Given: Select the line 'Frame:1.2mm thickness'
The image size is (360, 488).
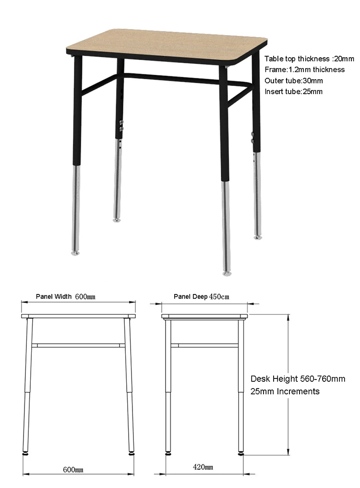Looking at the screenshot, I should coord(304,70).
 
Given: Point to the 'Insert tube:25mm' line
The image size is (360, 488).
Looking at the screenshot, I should coord(293,91).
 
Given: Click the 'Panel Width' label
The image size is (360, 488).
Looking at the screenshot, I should coord(54,296).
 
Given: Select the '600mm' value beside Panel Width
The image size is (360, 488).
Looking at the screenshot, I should coord(85,297).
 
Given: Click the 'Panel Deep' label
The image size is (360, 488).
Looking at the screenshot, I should coord(191,296).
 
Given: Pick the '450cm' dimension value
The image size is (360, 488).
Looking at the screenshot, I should coord(219,297).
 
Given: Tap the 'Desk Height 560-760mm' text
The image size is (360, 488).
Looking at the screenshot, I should coord(298,379).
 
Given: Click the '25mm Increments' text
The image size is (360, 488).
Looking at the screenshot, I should coord(285,391).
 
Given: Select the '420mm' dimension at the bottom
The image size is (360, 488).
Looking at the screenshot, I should coord(203,467).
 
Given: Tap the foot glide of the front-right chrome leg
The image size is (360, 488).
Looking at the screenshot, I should coord(227,273).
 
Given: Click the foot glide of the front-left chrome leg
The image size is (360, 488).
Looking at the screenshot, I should coord(75,253).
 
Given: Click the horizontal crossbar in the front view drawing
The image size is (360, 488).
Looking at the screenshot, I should coord(79,345).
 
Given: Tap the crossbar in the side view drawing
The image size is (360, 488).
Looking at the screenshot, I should coord(204,345).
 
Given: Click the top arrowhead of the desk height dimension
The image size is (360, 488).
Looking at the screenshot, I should coord(288,317).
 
